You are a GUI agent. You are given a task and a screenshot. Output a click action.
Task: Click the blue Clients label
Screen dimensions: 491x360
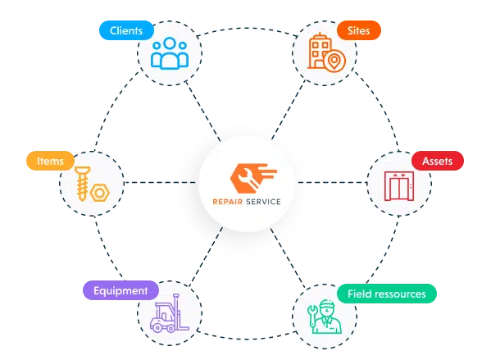[x=126, y=30]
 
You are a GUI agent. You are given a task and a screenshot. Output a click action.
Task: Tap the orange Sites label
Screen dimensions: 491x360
[x=359, y=30]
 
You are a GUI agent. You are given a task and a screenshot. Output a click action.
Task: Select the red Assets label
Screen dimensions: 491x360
[x=438, y=161]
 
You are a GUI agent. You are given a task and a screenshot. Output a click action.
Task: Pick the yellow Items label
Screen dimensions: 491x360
[x=51, y=161]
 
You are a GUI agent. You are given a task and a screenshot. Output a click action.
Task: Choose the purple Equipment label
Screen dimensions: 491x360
[x=120, y=290]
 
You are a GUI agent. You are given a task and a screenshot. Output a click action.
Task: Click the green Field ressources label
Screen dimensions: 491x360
[x=387, y=294]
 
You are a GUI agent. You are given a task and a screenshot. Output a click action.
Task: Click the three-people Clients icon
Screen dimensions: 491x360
[x=170, y=53]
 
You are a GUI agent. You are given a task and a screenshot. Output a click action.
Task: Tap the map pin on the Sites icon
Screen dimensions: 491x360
[x=334, y=61]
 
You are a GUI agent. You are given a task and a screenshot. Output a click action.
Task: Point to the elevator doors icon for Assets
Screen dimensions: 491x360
[x=399, y=186]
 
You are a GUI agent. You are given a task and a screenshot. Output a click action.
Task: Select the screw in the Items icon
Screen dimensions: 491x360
[x=82, y=184]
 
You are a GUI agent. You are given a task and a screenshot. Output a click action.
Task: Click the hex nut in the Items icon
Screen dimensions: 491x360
[x=100, y=193]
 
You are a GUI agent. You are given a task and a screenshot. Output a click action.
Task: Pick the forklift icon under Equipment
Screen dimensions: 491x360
[x=170, y=313]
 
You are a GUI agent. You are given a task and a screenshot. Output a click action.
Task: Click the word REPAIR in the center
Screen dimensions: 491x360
[x=228, y=202]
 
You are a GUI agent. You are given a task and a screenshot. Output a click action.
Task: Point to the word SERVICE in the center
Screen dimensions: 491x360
[x=263, y=202]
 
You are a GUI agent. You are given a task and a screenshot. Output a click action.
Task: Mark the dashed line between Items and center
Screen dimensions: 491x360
[x=160, y=182]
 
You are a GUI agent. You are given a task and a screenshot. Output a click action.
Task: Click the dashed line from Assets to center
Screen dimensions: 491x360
[x=333, y=182]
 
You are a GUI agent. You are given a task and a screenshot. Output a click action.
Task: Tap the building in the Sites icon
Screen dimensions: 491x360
[x=319, y=51]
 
